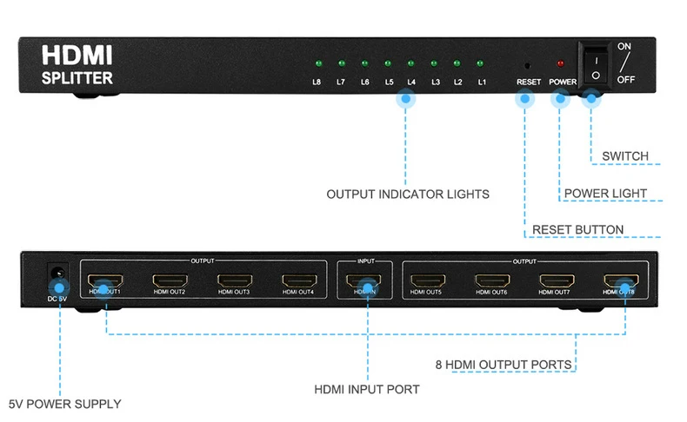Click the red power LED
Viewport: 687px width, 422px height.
click(x=560, y=63)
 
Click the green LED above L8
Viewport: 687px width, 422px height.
click(x=317, y=63)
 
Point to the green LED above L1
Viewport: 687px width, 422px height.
click(x=479, y=63)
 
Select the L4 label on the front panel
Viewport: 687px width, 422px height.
click(x=411, y=82)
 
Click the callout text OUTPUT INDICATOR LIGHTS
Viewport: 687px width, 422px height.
click(x=407, y=195)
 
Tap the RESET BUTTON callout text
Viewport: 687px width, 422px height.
click(x=577, y=230)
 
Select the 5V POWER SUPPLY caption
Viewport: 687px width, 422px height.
click(x=64, y=404)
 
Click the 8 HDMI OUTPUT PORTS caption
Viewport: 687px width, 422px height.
click(x=504, y=364)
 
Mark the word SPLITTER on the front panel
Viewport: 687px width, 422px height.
click(x=77, y=78)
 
